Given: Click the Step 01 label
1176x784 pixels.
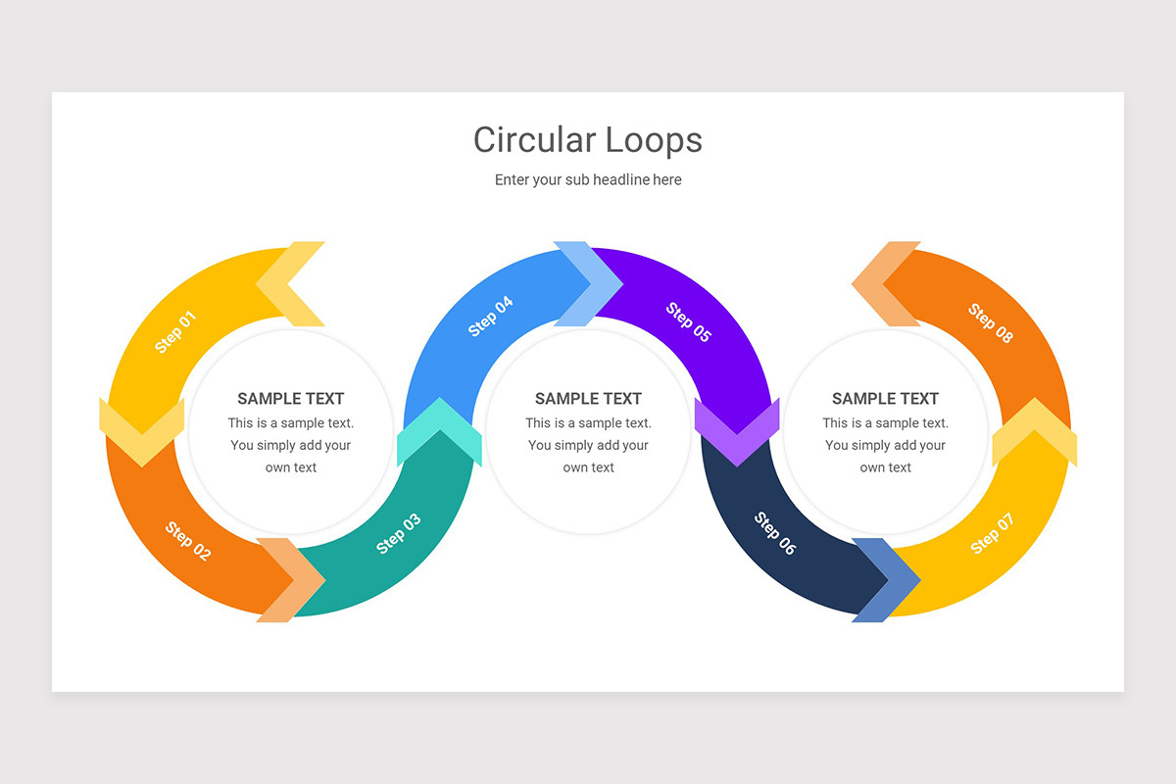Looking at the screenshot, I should pos(176,332).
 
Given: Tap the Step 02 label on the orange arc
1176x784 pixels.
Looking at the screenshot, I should pos(187,541).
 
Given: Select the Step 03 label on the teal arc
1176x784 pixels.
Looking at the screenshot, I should pos(399,534).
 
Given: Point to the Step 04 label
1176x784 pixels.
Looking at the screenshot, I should pos(491,317).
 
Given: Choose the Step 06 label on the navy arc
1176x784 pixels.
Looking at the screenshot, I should pos(774,533).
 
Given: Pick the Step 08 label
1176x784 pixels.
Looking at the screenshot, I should pos(991,323).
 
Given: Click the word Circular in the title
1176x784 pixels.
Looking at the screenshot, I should pos(533,140).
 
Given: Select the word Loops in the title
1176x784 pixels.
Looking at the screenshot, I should pos(654,140).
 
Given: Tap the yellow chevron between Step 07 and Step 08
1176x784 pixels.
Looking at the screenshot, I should pos(1034,431).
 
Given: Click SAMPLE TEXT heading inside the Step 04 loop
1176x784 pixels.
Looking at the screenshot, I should pos(588,399).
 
